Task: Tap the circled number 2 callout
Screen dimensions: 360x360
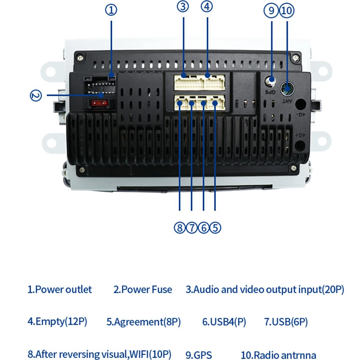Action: pyautogui.click(x=36, y=95)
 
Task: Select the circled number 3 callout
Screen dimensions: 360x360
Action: pyautogui.click(x=183, y=6)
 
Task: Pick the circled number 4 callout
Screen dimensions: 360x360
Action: pyautogui.click(x=207, y=6)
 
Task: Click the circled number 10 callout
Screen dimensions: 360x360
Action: pyautogui.click(x=287, y=10)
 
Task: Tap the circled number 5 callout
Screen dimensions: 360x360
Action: pyautogui.click(x=215, y=228)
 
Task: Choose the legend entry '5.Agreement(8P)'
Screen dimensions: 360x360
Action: pyautogui.click(x=144, y=321)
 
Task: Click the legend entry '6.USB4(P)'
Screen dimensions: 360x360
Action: pyautogui.click(x=224, y=321)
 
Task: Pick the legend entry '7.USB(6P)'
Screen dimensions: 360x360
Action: pyautogui.click(x=286, y=321)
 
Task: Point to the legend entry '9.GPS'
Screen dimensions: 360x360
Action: pyautogui.click(x=199, y=354)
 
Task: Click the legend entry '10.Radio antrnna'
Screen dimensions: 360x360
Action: pyautogui.click(x=279, y=354)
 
